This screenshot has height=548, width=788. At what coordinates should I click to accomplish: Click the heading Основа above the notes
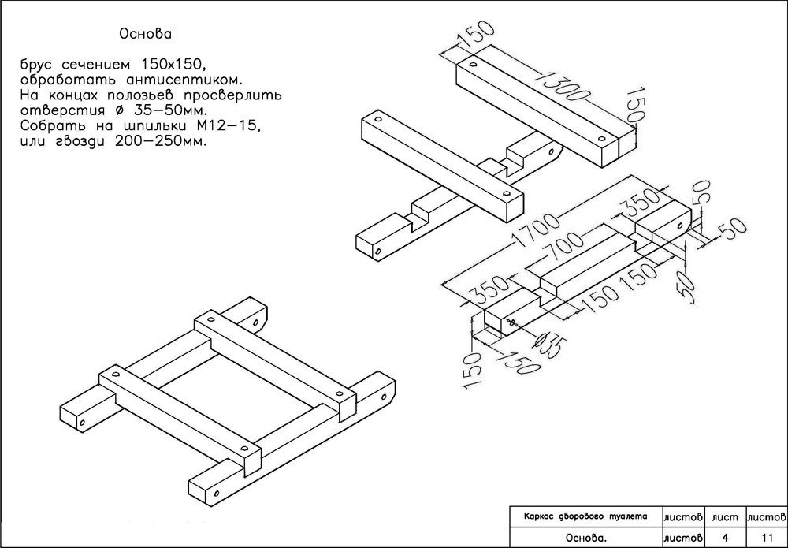[x=145, y=35]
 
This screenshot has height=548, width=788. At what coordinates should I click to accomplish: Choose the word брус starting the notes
[x=39, y=62]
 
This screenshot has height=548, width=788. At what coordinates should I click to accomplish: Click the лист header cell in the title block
[x=724, y=517]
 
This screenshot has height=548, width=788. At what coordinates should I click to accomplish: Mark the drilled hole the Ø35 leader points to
[x=511, y=322]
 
